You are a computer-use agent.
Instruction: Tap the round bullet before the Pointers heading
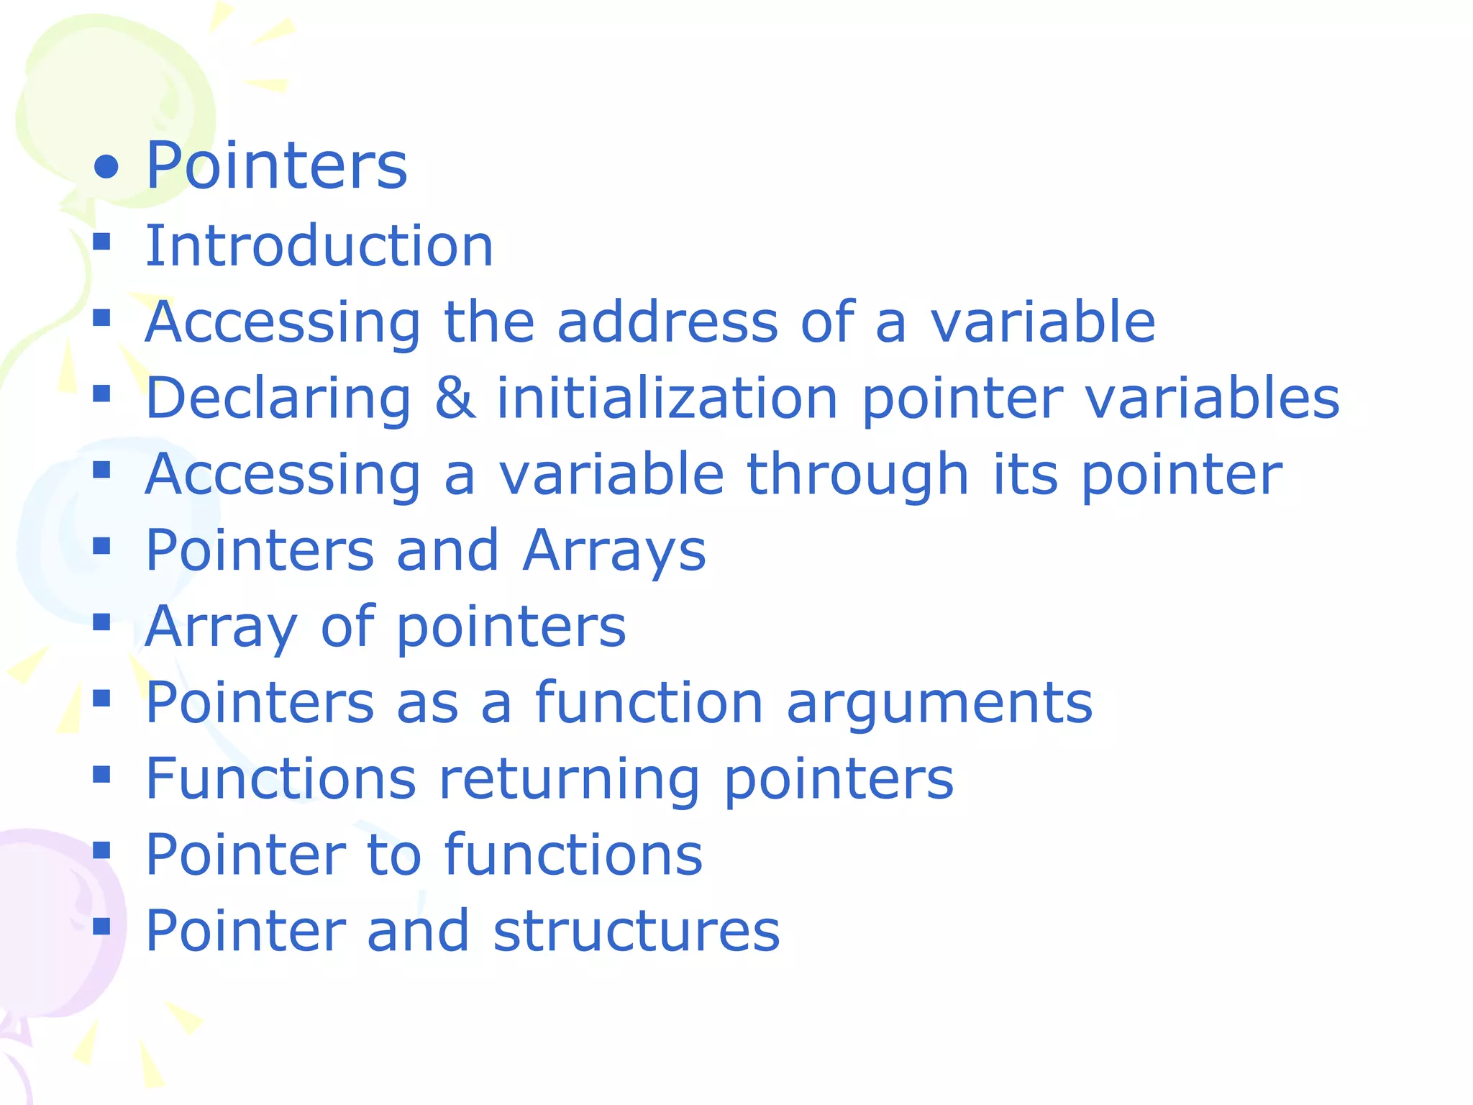click(106, 167)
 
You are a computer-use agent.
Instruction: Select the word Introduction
click(319, 246)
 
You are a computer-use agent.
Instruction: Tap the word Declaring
click(278, 399)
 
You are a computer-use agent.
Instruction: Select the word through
click(858, 475)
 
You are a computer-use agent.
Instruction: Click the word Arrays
click(614, 551)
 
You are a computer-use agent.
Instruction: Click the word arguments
click(939, 704)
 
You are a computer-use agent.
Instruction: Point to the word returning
click(569, 780)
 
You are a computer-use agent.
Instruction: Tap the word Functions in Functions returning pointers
click(281, 778)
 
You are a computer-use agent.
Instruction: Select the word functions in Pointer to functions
click(573, 855)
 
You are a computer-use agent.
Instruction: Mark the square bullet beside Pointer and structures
click(101, 926)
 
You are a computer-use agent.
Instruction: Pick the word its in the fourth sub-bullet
click(1026, 475)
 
